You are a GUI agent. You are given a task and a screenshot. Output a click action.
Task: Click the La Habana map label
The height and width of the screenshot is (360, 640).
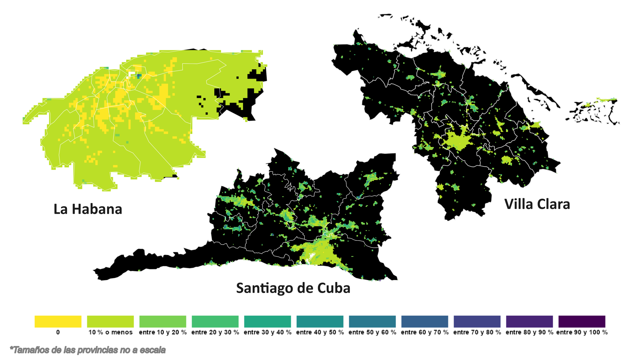(x=88, y=209)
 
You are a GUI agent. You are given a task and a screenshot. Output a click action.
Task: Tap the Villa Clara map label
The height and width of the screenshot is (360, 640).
(x=537, y=204)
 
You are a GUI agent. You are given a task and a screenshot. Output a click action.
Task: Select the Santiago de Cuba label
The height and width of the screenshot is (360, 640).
(x=293, y=288)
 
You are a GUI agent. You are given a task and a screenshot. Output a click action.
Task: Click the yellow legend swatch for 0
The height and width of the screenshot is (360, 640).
(x=58, y=322)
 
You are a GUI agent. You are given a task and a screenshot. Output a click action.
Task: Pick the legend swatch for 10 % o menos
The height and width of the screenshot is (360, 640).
(x=110, y=322)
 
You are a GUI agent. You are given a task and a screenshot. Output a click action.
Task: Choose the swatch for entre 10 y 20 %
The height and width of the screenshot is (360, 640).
(x=163, y=322)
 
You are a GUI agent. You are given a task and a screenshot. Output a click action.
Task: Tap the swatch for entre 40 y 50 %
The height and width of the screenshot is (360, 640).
(x=320, y=322)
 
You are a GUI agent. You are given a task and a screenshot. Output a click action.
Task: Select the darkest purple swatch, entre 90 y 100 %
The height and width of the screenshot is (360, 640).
(x=582, y=322)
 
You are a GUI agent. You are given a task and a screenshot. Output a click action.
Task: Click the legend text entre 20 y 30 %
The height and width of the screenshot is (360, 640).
(x=215, y=332)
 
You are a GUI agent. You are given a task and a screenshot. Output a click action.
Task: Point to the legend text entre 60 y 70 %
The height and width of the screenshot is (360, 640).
(x=425, y=332)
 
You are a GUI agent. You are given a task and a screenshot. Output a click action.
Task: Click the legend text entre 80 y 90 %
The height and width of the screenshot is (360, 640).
(x=529, y=332)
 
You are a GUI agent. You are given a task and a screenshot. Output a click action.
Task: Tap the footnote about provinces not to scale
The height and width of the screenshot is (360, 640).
(x=88, y=350)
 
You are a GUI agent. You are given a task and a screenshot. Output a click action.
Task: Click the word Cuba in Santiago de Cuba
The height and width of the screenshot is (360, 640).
(x=334, y=288)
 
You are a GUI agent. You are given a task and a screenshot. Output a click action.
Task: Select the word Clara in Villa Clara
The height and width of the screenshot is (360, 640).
(x=553, y=204)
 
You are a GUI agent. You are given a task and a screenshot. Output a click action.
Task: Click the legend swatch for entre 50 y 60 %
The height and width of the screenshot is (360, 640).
(x=372, y=322)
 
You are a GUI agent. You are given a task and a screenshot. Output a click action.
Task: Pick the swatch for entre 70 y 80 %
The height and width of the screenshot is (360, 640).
(x=477, y=322)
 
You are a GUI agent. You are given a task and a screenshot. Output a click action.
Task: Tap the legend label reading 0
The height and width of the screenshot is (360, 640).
(x=58, y=332)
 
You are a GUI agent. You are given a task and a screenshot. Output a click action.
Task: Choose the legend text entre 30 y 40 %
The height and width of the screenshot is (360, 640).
(x=267, y=332)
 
